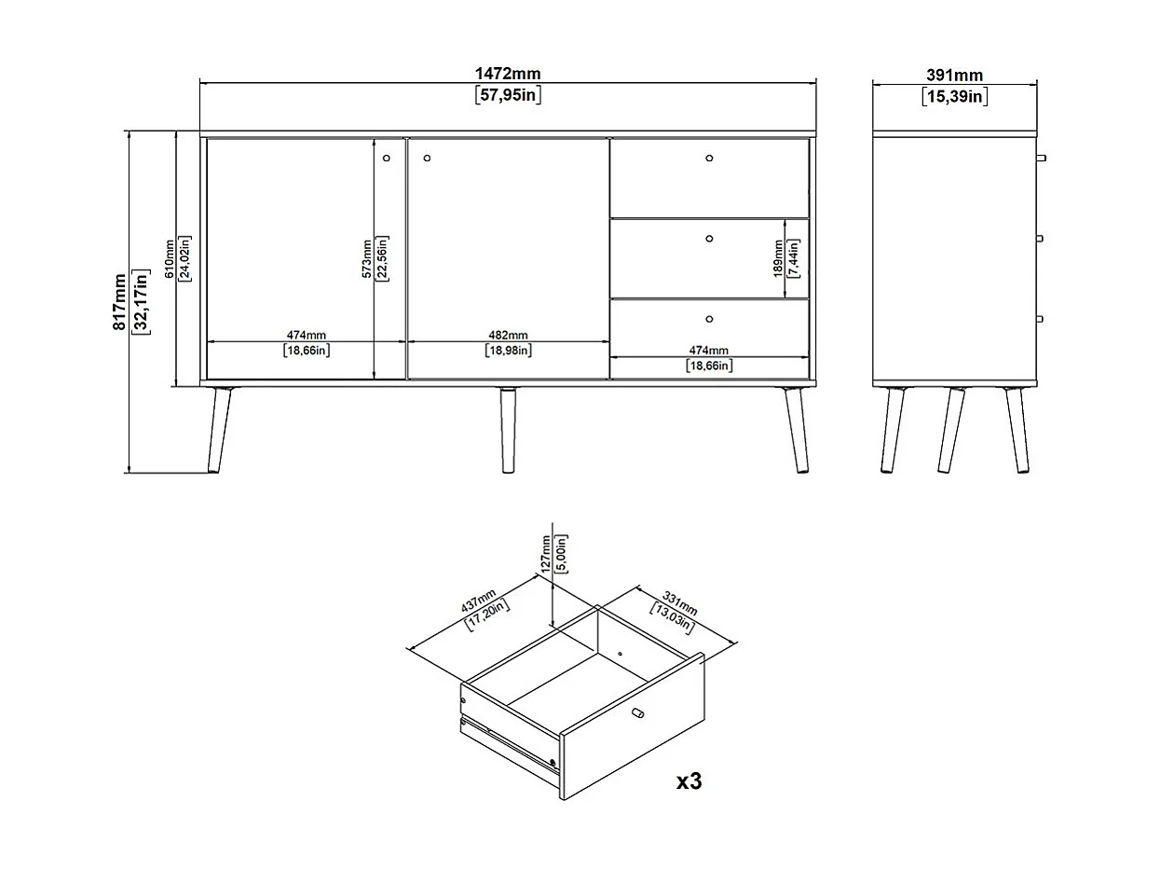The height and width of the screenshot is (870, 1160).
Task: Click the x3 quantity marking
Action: tap(689, 781)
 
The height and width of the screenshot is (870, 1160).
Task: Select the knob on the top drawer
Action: tap(709, 159)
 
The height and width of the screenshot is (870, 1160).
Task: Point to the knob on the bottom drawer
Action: tap(709, 319)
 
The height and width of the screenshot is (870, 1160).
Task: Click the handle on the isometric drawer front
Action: tap(638, 713)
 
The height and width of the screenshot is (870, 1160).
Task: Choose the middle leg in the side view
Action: tap(951, 430)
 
